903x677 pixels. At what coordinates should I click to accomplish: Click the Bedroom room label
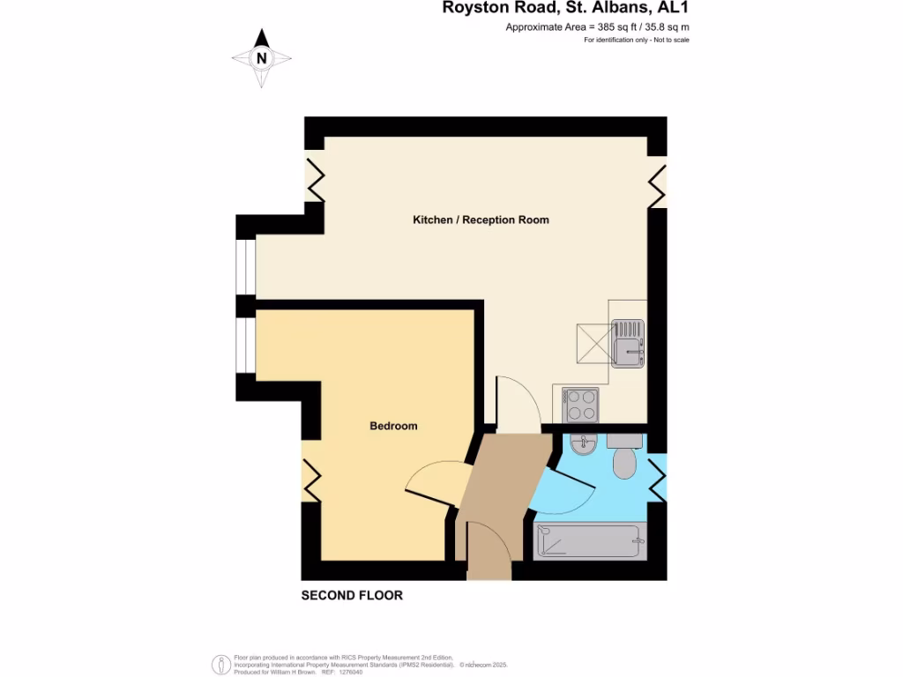click(x=393, y=426)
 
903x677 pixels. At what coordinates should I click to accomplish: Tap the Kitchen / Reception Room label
click(x=481, y=219)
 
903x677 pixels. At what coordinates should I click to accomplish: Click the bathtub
click(x=588, y=539)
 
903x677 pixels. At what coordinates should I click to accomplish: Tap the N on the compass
click(x=261, y=59)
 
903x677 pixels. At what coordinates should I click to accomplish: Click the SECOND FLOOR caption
click(x=352, y=595)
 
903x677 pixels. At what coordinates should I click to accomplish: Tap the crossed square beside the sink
click(x=594, y=343)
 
